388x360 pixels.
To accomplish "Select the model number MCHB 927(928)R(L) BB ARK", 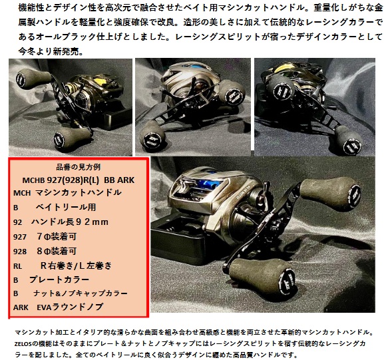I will click(79, 179).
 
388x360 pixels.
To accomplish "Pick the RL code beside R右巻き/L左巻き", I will click(19, 265).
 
